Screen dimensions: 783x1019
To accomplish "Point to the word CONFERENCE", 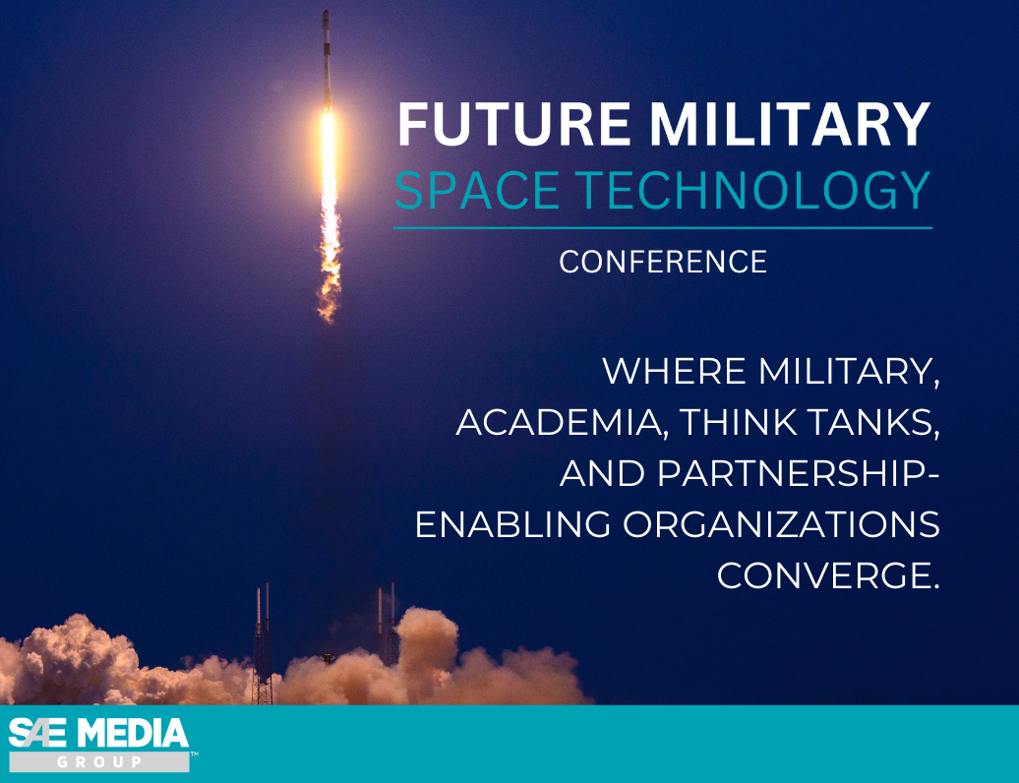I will (x=663, y=262).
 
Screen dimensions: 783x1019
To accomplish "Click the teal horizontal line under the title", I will (x=663, y=228).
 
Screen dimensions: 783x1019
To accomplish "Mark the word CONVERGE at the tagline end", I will (x=826, y=575).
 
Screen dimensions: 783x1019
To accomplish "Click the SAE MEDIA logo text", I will (x=98, y=734).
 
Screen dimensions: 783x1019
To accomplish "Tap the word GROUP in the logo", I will (x=98, y=762).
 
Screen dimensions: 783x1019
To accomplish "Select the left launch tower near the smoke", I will (x=263, y=644).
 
